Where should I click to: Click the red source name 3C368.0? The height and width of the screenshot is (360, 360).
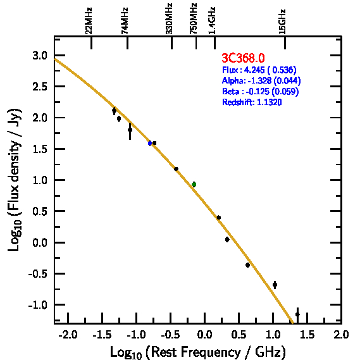click(243, 58)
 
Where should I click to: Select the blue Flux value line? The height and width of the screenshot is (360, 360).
click(259, 70)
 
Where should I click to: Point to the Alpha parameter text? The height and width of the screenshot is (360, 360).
click(261, 80)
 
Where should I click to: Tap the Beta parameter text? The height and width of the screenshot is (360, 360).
click(261, 91)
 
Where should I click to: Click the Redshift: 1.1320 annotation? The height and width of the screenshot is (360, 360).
click(252, 102)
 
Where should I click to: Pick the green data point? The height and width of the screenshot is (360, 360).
click(194, 184)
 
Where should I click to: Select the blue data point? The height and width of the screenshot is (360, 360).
click(150, 143)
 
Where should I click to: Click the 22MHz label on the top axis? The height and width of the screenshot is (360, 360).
click(89, 21)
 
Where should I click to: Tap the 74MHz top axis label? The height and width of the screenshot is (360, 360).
click(125, 21)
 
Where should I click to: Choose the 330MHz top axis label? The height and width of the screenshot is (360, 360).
click(169, 18)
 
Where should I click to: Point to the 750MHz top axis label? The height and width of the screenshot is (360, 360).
click(194, 18)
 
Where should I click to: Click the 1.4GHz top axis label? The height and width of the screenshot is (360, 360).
click(212, 20)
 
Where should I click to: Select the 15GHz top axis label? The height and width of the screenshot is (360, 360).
click(282, 22)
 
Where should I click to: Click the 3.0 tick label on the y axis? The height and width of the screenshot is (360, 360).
click(40, 56)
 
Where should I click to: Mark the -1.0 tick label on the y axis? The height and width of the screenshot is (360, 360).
click(38, 305)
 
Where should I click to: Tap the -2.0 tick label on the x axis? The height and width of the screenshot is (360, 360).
click(68, 335)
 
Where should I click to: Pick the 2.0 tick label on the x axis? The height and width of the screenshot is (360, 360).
click(341, 335)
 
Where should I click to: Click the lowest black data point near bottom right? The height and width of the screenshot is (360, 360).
click(297, 314)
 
